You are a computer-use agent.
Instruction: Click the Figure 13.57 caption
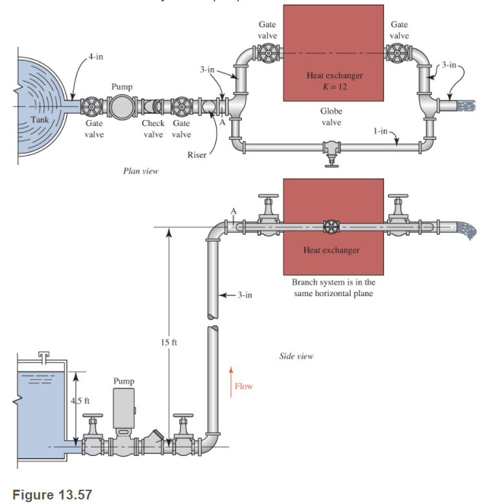coord(53,495)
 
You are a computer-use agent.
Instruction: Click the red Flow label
coord(244,386)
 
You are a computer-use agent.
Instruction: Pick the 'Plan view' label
coord(140,171)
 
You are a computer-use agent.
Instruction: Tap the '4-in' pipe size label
coord(95,57)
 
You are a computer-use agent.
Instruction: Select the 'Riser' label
coord(197,155)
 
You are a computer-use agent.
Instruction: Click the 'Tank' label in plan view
coord(40,120)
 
